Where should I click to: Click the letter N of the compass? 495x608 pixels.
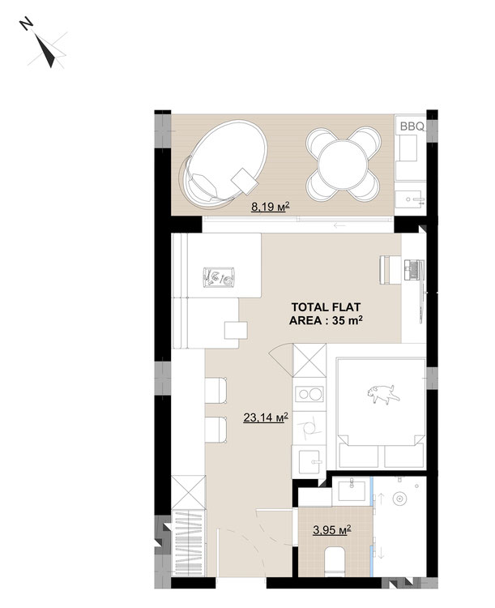click(x=26, y=24)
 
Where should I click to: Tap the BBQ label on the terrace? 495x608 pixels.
click(x=412, y=126)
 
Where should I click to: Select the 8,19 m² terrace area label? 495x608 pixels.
click(x=271, y=207)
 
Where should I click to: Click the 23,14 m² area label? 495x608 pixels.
click(x=266, y=417)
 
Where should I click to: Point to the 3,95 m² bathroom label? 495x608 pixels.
click(x=332, y=529)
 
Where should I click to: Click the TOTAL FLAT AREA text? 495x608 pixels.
click(x=326, y=314)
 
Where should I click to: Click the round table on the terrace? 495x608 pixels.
click(x=342, y=165)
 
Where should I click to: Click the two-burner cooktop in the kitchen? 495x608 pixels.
click(x=309, y=394)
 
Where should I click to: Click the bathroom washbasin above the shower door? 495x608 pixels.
click(x=352, y=490)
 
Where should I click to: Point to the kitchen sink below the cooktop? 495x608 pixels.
click(x=309, y=461)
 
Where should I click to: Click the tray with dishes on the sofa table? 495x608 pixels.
click(x=219, y=277)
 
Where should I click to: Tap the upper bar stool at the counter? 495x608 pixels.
click(x=216, y=390)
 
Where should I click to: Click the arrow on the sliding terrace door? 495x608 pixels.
click(x=339, y=225)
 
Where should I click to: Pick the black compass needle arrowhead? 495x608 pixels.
click(x=45, y=50)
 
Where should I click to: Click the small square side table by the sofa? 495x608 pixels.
click(x=236, y=330)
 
